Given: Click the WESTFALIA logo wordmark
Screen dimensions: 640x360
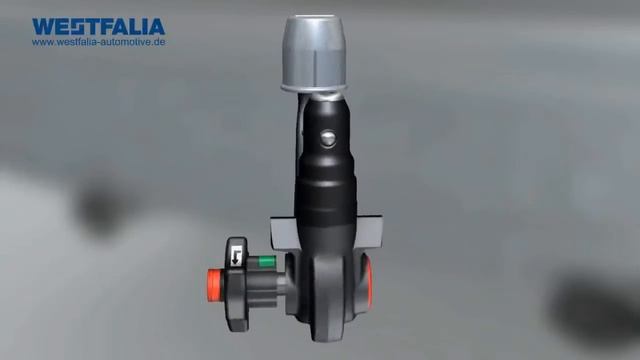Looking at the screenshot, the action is (x=98, y=27).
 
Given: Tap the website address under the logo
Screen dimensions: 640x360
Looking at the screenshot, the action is (x=98, y=42).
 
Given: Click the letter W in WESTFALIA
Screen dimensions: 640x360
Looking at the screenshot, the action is (x=43, y=27).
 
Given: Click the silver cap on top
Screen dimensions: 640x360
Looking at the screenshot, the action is (x=314, y=53).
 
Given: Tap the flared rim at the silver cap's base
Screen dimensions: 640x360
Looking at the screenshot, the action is (x=314, y=87).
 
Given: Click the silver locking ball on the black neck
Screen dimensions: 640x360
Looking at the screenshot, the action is (x=328, y=138).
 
